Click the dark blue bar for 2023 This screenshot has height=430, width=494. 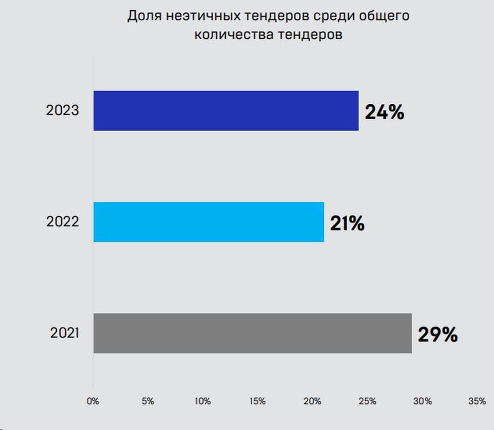click(x=226, y=111)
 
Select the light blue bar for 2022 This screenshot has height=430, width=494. click(x=208, y=222)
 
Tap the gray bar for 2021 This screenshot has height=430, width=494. click(x=252, y=333)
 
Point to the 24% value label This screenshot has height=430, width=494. click(x=384, y=112)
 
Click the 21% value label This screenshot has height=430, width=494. click(x=347, y=223)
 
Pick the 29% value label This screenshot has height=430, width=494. click(x=438, y=335)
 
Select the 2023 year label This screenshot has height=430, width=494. click(x=62, y=110)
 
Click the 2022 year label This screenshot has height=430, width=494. click(x=62, y=222)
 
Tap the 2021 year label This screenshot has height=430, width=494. click(x=64, y=333)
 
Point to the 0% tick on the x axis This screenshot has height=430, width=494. click(x=93, y=401)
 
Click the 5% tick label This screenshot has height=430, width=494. click(x=148, y=401)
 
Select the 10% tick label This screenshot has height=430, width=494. click(x=203, y=401)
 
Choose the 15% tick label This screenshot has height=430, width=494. click(x=257, y=401)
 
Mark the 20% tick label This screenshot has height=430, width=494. click(x=312, y=401)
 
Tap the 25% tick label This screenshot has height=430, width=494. click(x=367, y=401)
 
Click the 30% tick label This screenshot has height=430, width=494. click(x=422, y=401)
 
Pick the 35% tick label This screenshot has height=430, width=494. click(x=477, y=401)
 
